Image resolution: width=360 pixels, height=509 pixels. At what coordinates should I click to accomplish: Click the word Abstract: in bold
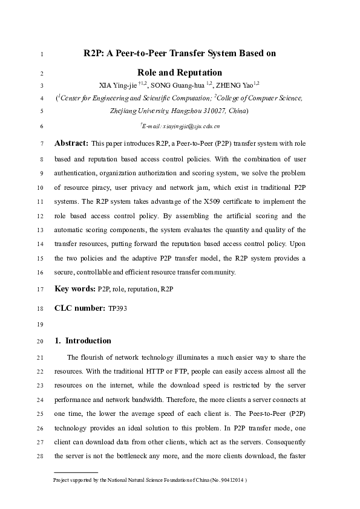[71, 143]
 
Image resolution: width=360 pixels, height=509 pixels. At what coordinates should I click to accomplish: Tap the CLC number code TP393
[117, 308]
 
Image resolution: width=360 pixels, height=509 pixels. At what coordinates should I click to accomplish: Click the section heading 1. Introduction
[83, 340]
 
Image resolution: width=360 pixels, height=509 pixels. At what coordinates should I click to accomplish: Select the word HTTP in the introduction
[176, 371]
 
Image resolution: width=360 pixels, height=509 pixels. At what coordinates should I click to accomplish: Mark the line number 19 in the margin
[40, 325]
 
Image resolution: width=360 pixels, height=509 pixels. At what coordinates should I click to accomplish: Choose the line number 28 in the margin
[40, 455]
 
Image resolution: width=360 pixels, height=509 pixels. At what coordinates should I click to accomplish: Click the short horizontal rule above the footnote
[76, 471]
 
